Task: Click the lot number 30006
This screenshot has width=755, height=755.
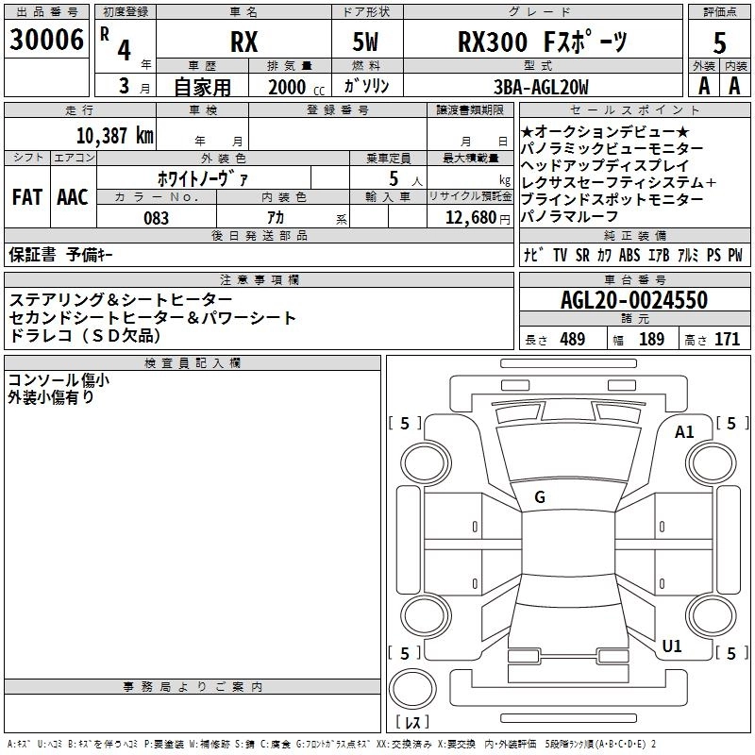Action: pyautogui.click(x=46, y=41)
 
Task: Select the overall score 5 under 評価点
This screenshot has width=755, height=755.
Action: pyautogui.click(x=719, y=43)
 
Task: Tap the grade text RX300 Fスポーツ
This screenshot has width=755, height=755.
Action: pyautogui.click(x=543, y=42)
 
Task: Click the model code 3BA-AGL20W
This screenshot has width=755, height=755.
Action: pyautogui.click(x=541, y=87)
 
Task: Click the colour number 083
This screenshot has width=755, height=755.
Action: pyautogui.click(x=157, y=218)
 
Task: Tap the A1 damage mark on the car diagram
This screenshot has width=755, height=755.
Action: pyautogui.click(x=684, y=431)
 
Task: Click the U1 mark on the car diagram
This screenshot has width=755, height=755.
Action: pyautogui.click(x=672, y=646)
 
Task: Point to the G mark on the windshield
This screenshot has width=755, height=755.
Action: pyautogui.click(x=540, y=497)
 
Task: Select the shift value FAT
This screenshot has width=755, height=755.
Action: pyautogui.click(x=26, y=197)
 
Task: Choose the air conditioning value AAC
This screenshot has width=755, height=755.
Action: pyautogui.click(x=73, y=197)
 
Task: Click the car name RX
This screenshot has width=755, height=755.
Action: pyautogui.click(x=243, y=43)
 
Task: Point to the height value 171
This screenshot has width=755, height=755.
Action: pyautogui.click(x=726, y=340)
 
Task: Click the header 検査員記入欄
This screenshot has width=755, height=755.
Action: pyautogui.click(x=193, y=362)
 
